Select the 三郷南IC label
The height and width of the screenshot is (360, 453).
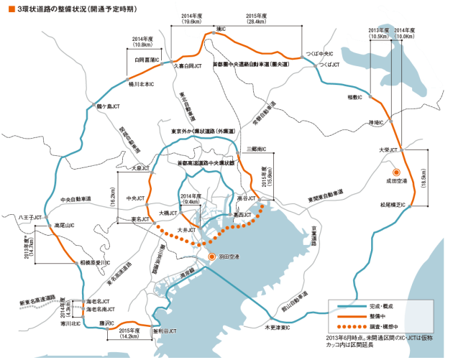[x=255, y=149]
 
